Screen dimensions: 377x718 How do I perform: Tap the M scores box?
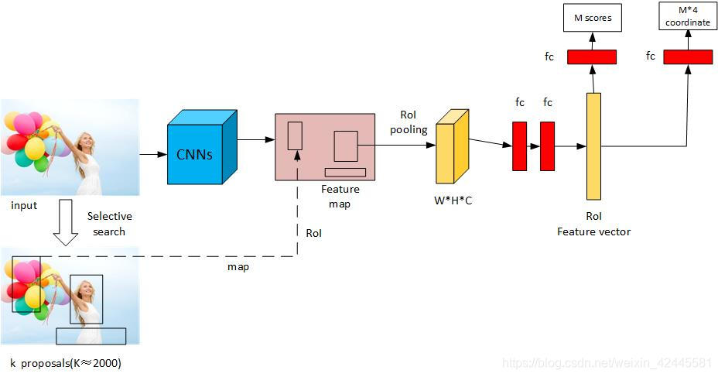coord(592,17)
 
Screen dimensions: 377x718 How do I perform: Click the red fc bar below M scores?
coord(592,57)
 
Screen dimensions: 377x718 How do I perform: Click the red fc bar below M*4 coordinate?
coord(687,57)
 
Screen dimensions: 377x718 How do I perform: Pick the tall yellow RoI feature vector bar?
coord(593,146)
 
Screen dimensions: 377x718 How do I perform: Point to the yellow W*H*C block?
coord(452,149)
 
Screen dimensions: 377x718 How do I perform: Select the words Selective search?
coord(109,224)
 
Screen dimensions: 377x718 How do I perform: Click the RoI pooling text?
coord(408,122)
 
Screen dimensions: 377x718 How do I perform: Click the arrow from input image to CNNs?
coord(153,154)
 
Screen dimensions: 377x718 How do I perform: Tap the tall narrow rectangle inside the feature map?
coord(295,135)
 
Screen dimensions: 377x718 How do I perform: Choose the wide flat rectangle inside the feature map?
coord(345,172)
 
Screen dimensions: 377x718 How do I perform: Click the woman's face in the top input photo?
coord(87,142)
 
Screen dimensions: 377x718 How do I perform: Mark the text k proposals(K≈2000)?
coord(66,362)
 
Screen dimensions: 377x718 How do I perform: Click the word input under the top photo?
coord(24,206)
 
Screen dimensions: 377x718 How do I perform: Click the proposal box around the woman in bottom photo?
coord(86,299)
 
